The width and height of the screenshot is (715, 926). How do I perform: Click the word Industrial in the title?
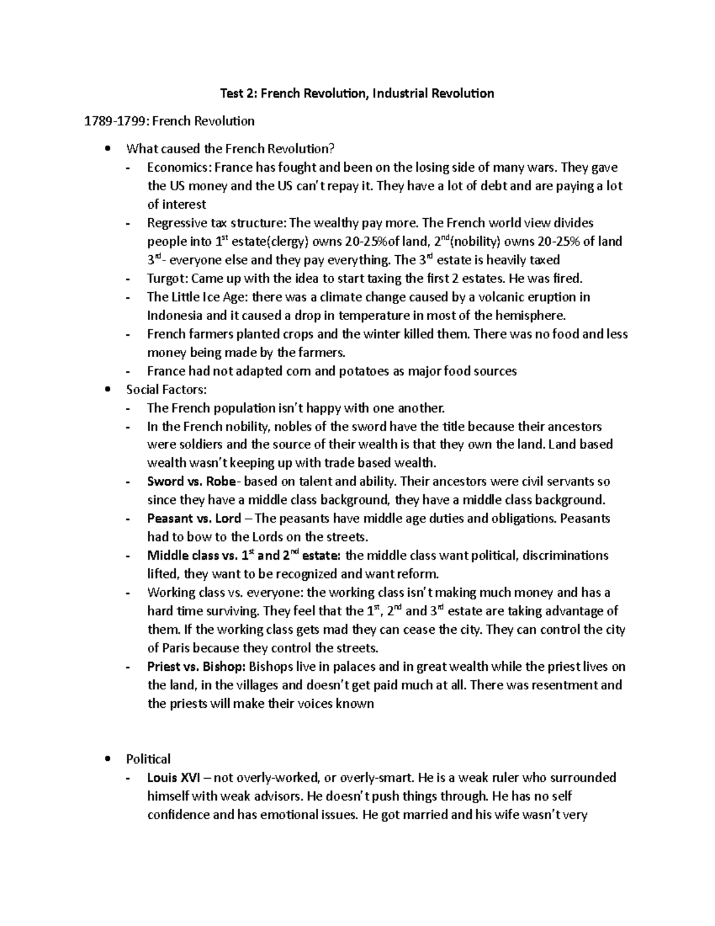[x=397, y=93]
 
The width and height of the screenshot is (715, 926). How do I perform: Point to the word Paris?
[x=176, y=648]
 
